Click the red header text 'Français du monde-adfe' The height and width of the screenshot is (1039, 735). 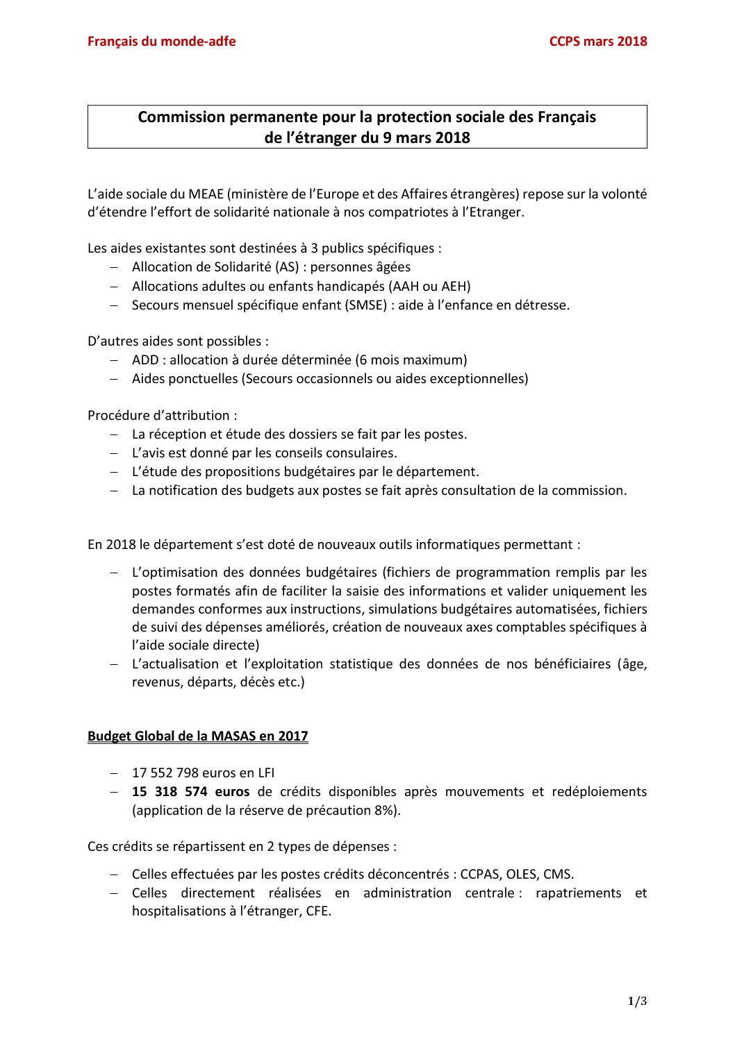[161, 42]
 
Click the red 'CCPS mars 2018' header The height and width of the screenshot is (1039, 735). [597, 42]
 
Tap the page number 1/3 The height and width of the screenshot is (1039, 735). [637, 1001]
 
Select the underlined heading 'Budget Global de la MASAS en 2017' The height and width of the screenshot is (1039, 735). [197, 736]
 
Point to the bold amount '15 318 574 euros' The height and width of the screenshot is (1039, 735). [190, 792]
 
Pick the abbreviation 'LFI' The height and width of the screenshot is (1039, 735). [266, 773]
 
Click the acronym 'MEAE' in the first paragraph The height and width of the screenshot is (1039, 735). [206, 194]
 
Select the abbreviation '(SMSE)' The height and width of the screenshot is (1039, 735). [366, 305]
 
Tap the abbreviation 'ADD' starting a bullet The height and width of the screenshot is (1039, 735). [144, 360]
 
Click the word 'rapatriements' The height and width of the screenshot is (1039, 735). [578, 893]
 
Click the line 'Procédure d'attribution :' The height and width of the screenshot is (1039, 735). [162, 416]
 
